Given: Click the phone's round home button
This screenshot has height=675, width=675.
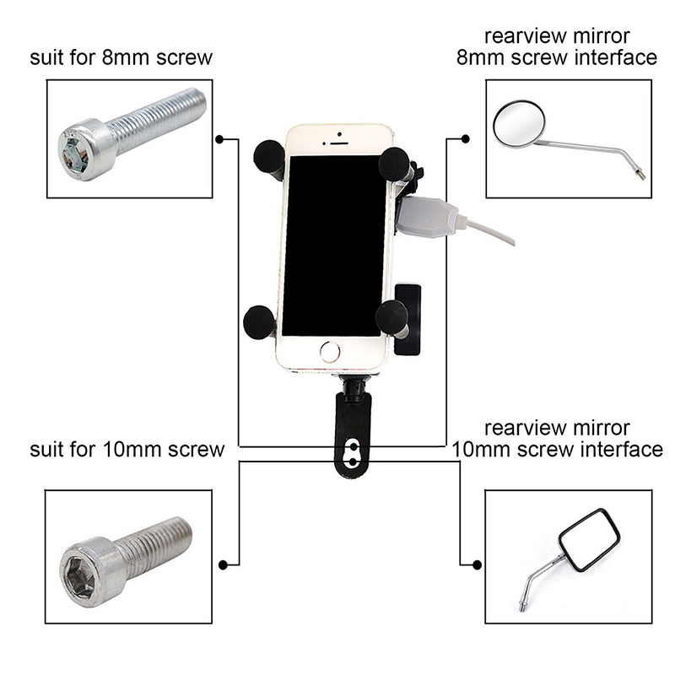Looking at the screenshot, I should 330,351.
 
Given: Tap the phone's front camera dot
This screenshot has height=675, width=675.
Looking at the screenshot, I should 337,133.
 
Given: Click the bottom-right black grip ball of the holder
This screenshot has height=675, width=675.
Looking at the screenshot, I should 391,316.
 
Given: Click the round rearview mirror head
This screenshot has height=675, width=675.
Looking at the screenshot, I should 519,124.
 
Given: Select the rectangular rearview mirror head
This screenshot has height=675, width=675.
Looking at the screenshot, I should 591,538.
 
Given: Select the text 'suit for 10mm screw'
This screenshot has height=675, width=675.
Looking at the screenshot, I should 127,448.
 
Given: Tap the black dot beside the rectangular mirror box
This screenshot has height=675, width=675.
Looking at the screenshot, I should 477,564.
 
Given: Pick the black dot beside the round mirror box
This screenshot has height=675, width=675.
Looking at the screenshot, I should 463,139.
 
